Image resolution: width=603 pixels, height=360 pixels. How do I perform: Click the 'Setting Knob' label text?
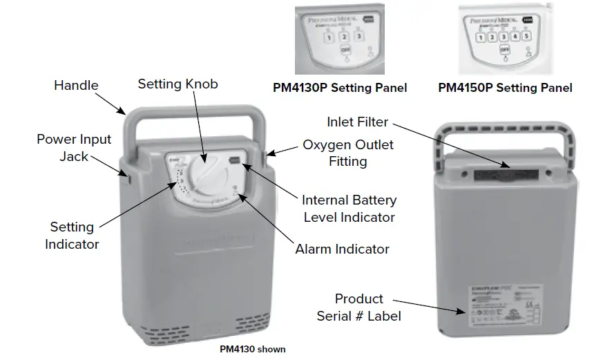coord(178,84)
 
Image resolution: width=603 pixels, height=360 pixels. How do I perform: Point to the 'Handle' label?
coord(76,86)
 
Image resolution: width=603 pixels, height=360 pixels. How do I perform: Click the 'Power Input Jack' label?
coord(74,148)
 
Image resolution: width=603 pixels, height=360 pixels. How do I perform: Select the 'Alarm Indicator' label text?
coord(342,249)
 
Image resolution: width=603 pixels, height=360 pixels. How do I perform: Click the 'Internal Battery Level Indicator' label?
coord(349,209)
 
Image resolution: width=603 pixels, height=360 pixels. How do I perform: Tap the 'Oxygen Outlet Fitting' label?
coord(348,153)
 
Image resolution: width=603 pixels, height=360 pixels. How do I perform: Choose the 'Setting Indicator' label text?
coord(71,235)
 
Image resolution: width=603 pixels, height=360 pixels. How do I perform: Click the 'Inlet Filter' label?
coord(358,122)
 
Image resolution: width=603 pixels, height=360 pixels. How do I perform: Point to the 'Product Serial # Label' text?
coord(358,307)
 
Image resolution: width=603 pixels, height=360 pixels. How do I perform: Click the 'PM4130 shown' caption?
coord(252,349)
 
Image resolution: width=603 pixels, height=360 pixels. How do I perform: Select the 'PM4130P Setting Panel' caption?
coord(339,88)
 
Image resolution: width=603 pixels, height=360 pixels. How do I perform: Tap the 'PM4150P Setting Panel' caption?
coord(505,88)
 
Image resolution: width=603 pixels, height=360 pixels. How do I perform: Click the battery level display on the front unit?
coord(236,160)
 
